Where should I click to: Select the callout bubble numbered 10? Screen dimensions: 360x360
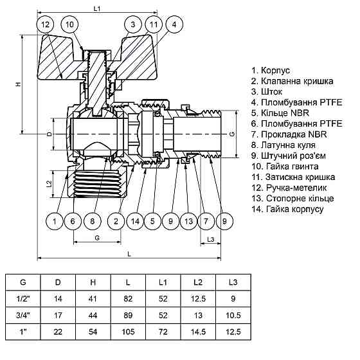point(71,25)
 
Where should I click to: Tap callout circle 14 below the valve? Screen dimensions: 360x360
point(134,222)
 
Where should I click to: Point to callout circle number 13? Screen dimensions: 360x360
point(187,222)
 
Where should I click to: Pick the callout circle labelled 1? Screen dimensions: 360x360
point(55,222)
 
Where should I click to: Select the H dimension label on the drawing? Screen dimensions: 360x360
point(19,84)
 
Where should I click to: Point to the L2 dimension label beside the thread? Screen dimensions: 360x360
point(50,184)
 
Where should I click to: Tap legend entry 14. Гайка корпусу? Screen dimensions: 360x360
point(287,210)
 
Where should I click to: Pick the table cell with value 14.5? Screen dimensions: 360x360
point(198,331)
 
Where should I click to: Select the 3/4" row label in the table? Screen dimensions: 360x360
point(23,315)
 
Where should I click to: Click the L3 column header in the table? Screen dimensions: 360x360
point(233,282)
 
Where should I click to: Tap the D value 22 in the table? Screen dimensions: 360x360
point(58,331)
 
